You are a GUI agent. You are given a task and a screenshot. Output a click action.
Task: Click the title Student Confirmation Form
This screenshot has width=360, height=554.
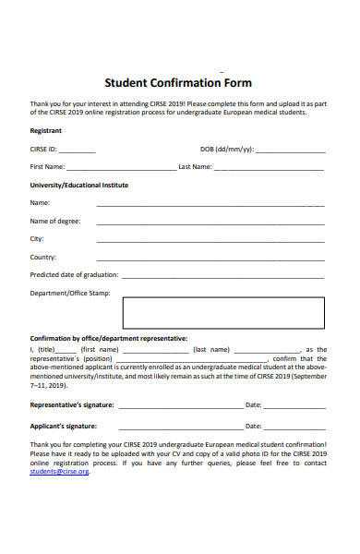(x=178, y=82)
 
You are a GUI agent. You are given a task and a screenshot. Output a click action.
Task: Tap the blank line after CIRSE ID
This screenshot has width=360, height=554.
(x=78, y=150)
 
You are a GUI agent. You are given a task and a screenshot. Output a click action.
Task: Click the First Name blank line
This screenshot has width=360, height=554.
(x=121, y=168)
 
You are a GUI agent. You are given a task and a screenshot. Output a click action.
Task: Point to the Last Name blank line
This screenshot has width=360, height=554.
(x=270, y=168)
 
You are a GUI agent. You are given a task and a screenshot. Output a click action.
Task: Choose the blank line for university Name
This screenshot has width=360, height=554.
(x=210, y=204)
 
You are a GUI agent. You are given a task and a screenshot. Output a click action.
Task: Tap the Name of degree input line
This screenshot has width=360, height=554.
(x=210, y=223)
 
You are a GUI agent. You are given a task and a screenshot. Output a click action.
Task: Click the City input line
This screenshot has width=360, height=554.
(x=210, y=240)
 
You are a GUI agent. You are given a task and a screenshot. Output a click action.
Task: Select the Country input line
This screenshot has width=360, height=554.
(x=210, y=259)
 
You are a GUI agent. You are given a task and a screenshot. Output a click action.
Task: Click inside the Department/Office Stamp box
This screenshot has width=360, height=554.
(x=223, y=312)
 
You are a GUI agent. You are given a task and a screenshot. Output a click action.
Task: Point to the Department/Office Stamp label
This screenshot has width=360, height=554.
(x=69, y=294)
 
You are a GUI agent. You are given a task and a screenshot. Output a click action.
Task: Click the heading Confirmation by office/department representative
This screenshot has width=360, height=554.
(x=108, y=338)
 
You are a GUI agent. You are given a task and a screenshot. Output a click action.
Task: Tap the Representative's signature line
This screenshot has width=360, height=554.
(x=180, y=406)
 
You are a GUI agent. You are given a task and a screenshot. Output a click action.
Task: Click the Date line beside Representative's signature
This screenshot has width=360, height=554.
(x=295, y=406)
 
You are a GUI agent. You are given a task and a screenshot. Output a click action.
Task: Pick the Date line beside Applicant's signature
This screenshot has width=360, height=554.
(x=295, y=427)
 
